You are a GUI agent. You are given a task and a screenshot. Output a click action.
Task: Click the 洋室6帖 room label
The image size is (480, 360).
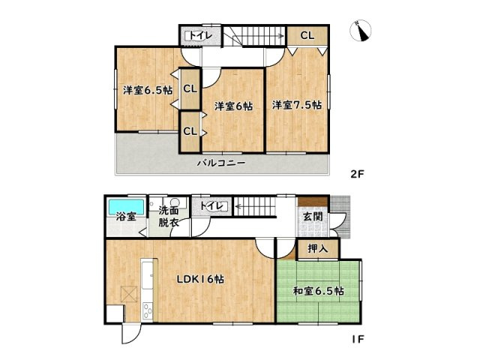pyautogui.click(x=234, y=106)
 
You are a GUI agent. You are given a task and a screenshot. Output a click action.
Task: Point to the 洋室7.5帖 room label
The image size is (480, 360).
pyautogui.click(x=297, y=105)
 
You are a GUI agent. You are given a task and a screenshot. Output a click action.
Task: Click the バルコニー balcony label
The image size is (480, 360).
pyautogui.click(x=221, y=162)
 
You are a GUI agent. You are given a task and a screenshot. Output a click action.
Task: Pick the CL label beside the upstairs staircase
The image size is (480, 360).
pyautogui.click(x=307, y=35)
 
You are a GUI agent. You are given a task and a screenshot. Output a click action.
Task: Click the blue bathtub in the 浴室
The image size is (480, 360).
pyautogui.click(x=127, y=205)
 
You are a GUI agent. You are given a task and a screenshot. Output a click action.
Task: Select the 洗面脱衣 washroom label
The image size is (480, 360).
pyautogui.click(x=167, y=216)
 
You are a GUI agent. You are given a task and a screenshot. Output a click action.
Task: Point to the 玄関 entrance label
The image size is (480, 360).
pyautogui.click(x=312, y=217)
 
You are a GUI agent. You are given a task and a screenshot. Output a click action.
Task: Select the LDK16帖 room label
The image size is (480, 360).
pyautogui.click(x=200, y=279)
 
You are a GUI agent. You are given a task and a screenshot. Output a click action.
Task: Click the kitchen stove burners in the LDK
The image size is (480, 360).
pyautogui.click(x=147, y=312)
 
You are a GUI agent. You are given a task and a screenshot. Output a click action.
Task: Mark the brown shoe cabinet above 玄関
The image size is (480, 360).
pyautogui.click(x=312, y=201)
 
